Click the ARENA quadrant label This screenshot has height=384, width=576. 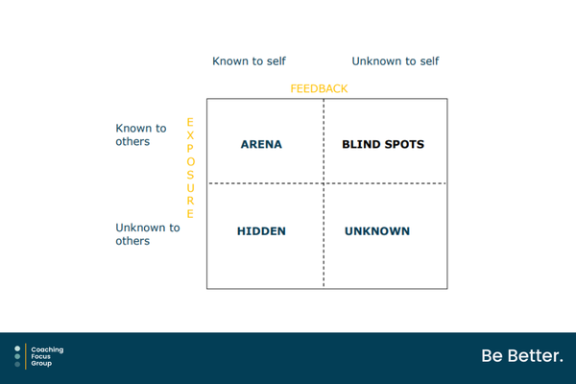click(x=261, y=144)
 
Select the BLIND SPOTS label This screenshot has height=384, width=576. click(x=383, y=144)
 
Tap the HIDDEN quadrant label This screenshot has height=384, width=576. click(x=261, y=231)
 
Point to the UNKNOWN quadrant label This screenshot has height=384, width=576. click(x=377, y=231)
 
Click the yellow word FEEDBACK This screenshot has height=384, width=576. click(x=319, y=88)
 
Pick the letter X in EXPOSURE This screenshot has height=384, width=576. click(x=190, y=135)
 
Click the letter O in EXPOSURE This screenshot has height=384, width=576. click(x=190, y=161)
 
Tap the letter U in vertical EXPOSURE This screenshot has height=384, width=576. click(x=190, y=188)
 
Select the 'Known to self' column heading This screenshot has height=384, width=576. click(x=249, y=61)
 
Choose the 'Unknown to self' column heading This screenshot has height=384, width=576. click(x=396, y=61)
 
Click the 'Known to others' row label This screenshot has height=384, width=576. click(x=141, y=134)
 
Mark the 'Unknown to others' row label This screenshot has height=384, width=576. click(x=148, y=234)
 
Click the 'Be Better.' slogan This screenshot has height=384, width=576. click(x=522, y=356)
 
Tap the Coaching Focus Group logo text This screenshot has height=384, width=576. click(x=47, y=356)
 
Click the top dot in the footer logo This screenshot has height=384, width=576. click(x=17, y=348)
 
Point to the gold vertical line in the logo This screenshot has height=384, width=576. click(x=26, y=356)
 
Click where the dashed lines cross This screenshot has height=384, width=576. click(x=324, y=183)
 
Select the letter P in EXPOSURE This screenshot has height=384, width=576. click(x=190, y=149)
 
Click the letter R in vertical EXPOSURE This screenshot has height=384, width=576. click(x=190, y=201)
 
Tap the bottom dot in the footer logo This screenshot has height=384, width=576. click(x=17, y=364)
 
